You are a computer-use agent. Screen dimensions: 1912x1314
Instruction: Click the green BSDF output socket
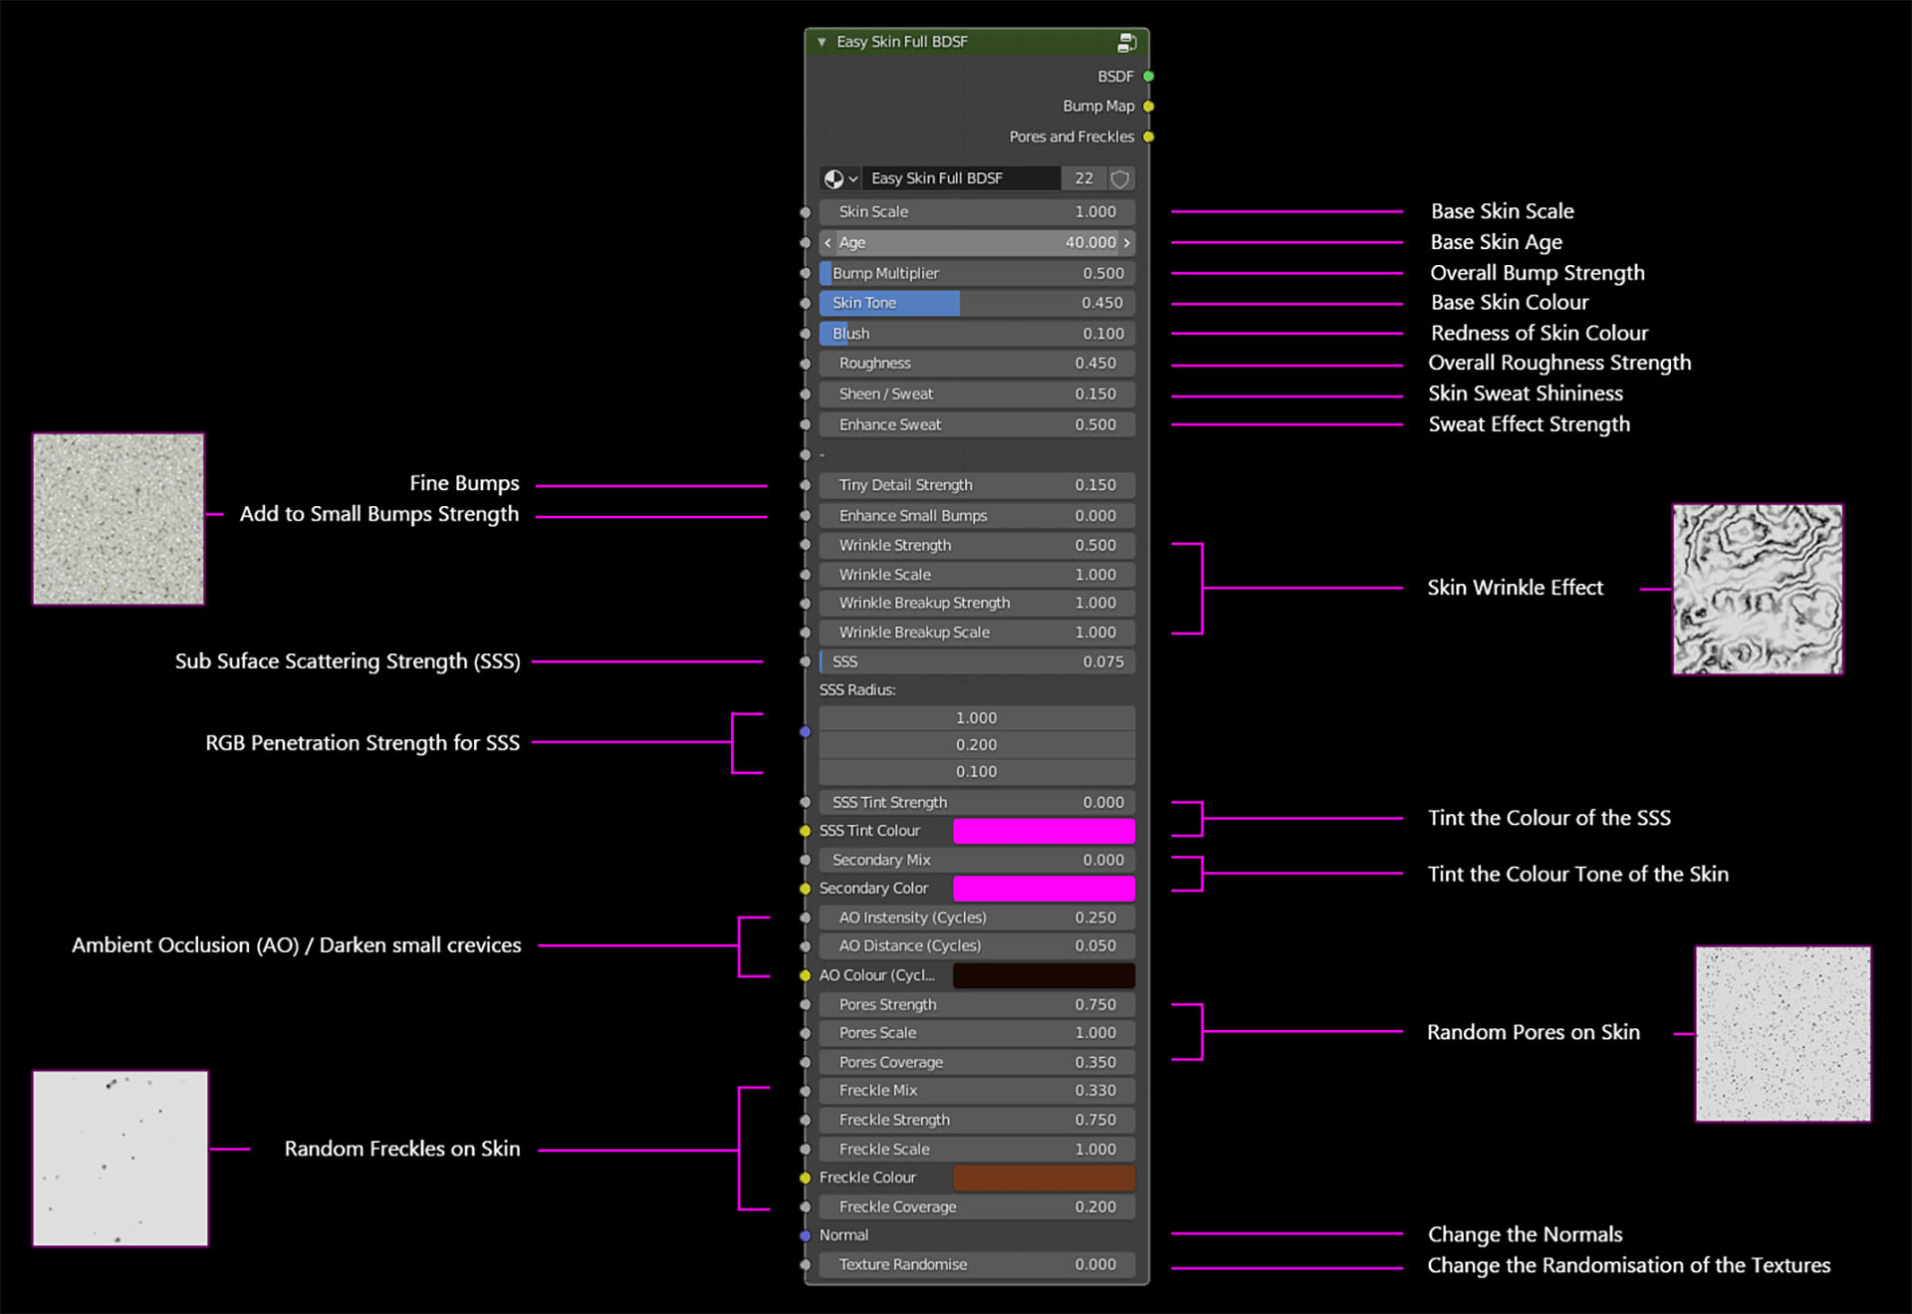coord(1148,77)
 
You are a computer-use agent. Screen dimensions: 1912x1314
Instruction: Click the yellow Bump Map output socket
coord(1148,107)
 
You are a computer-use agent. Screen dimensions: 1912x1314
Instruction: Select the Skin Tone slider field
coord(977,303)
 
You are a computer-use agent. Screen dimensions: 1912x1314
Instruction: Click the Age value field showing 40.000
coord(977,242)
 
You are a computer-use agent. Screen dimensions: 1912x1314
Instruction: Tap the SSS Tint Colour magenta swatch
coord(1044,831)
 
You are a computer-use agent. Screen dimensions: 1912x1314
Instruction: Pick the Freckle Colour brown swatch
coord(1044,1178)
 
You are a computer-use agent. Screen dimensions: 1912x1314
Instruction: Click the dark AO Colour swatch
coord(1044,975)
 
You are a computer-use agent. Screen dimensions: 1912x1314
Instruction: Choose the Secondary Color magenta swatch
coord(1044,889)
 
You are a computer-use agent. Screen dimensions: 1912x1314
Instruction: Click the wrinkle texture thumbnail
coord(1758,589)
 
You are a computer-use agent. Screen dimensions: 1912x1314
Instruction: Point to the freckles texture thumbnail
coord(120,1159)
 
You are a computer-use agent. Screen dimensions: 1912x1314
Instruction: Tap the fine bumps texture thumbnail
coord(119,519)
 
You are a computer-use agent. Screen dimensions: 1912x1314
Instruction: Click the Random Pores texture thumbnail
coord(1784,1034)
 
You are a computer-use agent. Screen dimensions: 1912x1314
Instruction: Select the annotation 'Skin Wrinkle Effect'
coord(1516,588)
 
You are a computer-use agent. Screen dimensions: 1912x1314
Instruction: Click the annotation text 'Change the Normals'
coord(1526,1234)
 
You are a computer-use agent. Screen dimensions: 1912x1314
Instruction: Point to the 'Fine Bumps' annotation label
coord(465,483)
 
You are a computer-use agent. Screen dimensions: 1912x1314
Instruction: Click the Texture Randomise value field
coord(977,1264)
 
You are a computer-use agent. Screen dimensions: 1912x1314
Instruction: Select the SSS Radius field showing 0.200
coord(977,745)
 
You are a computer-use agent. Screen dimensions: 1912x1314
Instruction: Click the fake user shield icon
coord(1120,178)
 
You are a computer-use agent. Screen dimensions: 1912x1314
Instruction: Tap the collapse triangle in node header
coord(822,42)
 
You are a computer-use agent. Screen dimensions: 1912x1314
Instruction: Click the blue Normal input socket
coord(805,1235)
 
